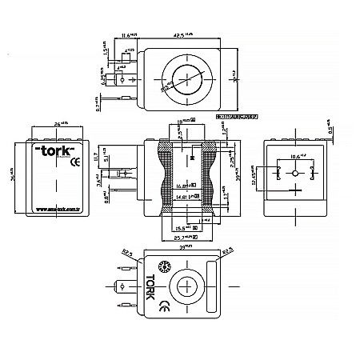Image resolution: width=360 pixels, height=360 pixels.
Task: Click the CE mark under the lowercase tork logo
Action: pos(74,162)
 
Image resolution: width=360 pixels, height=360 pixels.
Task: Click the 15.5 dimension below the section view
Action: pos(189,229)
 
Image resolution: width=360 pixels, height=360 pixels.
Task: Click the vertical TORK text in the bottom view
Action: pos(151,285)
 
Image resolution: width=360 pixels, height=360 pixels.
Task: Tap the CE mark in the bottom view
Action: pos(163,305)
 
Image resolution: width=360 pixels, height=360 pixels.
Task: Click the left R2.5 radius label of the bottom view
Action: pos(126,254)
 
